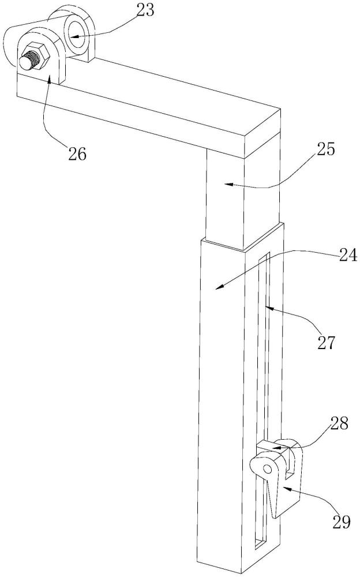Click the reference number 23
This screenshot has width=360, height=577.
(145, 10)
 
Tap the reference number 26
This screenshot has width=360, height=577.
(77, 153)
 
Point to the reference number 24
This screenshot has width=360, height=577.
(347, 255)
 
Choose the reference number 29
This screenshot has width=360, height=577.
(341, 522)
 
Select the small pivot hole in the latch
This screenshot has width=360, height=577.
(268, 469)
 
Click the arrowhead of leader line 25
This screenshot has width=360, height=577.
(228, 183)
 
